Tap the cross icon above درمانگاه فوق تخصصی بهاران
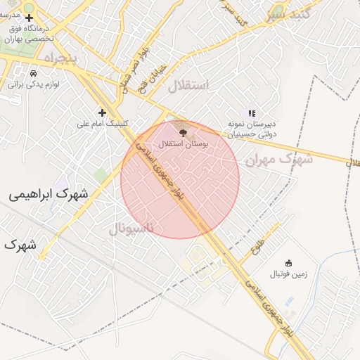29,18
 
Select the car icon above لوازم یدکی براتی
33,73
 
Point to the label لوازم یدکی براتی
34,84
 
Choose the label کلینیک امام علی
103,124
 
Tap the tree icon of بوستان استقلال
183,131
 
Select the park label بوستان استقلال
184,143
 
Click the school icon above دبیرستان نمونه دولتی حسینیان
252,112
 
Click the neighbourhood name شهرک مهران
278,160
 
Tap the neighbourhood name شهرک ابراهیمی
49,193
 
